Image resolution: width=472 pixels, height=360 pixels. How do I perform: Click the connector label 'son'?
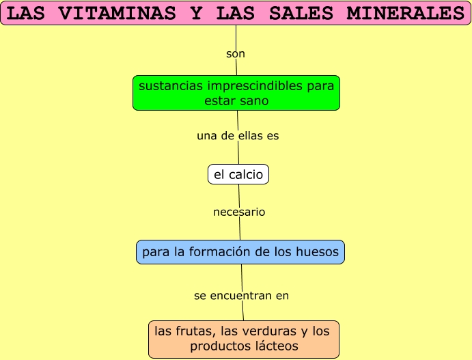tap(236, 53)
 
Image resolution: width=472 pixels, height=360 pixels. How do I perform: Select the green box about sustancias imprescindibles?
tap(236, 93)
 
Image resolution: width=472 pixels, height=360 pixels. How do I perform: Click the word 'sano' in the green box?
tap(254, 100)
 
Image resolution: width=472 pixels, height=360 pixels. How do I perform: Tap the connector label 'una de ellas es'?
tap(238, 136)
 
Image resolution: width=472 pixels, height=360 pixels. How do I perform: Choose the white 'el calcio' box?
tap(238, 175)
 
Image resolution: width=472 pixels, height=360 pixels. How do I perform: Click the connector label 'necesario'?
tap(239, 212)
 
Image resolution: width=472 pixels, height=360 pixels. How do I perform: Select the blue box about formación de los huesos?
tap(240, 252)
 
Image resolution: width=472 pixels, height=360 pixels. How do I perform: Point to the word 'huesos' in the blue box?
tap(316, 252)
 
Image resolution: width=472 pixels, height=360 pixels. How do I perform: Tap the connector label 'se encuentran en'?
tap(242, 296)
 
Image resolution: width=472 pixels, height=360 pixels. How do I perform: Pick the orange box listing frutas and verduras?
tap(244, 339)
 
